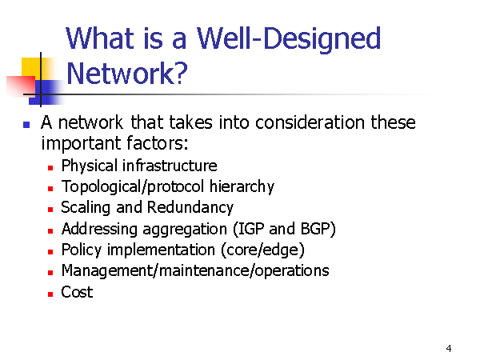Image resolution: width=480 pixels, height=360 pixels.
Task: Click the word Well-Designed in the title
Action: (289, 40)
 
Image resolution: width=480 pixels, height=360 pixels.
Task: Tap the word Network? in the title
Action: (126, 74)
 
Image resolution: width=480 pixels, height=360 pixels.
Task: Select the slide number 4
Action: (449, 348)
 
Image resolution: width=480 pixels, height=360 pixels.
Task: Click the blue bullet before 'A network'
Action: (26, 125)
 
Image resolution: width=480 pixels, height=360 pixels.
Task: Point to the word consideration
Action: (310, 122)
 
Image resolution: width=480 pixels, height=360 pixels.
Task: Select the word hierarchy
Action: (242, 186)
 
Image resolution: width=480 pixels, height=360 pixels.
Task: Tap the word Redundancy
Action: (190, 207)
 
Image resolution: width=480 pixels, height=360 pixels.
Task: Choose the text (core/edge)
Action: (263, 250)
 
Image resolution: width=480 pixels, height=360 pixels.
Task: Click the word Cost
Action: (77, 292)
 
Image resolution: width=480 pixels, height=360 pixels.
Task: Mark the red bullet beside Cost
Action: (50, 294)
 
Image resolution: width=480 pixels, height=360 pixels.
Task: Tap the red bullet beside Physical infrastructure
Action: (50, 168)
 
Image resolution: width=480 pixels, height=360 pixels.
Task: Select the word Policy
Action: (81, 250)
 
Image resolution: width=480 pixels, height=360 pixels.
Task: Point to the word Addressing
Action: (99, 230)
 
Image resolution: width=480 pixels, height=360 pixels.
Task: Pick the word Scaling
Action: (86, 208)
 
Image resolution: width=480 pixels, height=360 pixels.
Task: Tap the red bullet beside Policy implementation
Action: (50, 252)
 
